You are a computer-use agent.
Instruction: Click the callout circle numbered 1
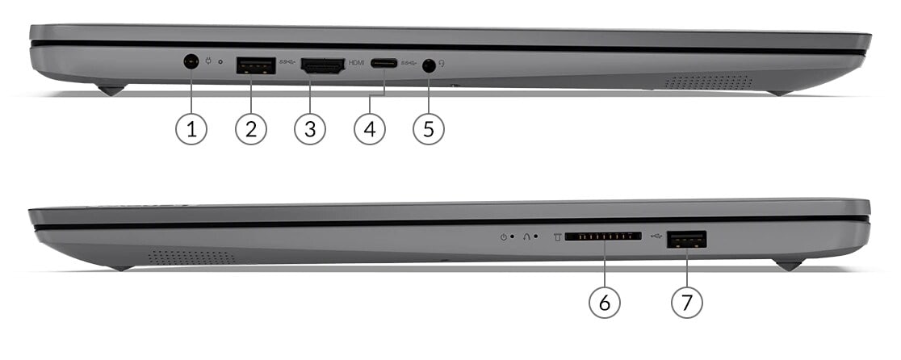pos(191,129)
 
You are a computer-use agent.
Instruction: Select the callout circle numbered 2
pos(251,129)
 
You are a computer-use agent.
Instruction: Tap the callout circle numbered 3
pos(310,129)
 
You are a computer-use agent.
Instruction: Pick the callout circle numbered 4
pos(370,129)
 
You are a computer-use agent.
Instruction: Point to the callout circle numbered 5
pos(429,129)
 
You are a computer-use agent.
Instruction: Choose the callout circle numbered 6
pos(605,302)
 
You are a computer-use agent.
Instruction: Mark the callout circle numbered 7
pos(687,302)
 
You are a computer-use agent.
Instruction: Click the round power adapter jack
pos(191,61)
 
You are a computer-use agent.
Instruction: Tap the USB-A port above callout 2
pos(256,66)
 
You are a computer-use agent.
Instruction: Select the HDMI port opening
pos(323,66)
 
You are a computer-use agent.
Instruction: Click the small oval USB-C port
pos(383,63)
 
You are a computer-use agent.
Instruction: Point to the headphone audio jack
pos(428,66)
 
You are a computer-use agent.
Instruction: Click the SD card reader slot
pos(603,236)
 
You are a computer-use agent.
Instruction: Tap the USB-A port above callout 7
pos(687,239)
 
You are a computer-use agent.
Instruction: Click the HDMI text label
pos(356,63)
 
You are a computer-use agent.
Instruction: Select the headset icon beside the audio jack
pos(442,64)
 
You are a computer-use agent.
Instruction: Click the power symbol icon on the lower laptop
pos(503,237)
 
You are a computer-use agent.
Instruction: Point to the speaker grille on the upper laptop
pos(708,82)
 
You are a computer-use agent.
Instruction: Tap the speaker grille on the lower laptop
pos(192,257)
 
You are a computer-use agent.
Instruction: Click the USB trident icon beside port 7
pos(657,235)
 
